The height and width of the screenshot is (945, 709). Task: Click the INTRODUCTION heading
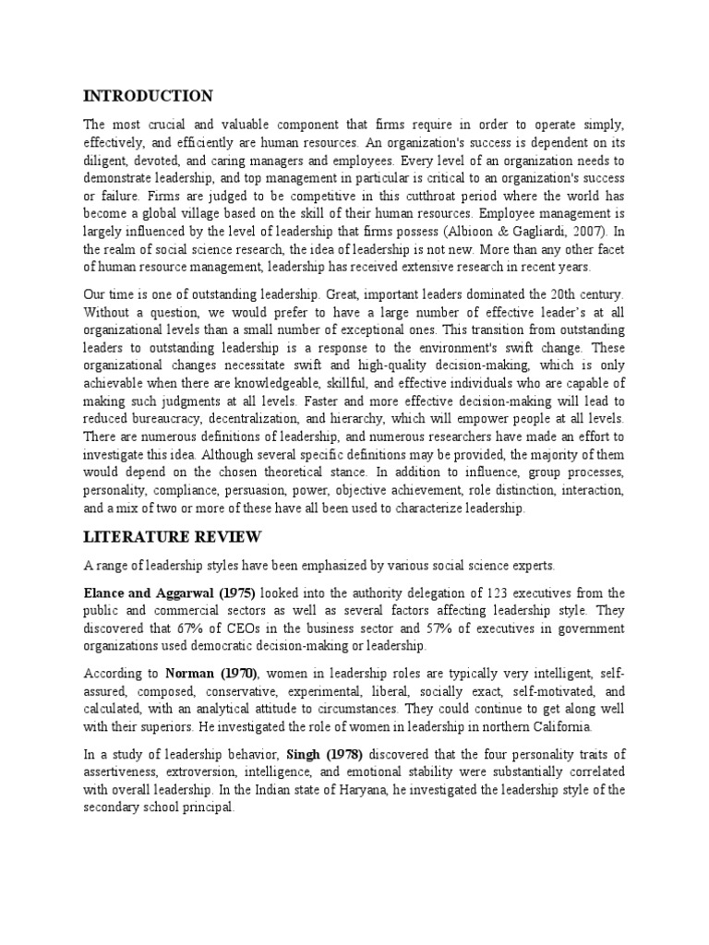(148, 96)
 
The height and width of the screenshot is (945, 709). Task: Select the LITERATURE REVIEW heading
(174, 536)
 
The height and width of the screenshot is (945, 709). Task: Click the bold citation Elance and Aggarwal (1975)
(169, 592)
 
